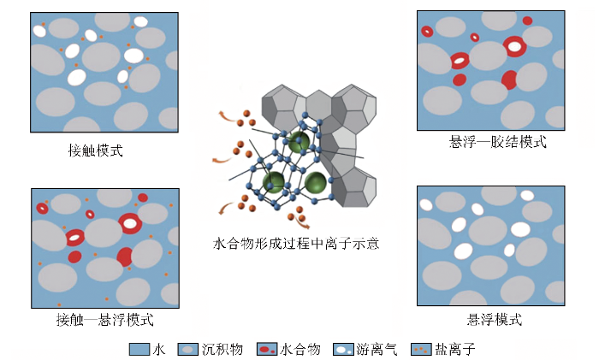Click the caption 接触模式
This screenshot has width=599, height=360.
pyautogui.click(x=96, y=150)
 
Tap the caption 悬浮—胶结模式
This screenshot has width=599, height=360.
pyautogui.click(x=497, y=142)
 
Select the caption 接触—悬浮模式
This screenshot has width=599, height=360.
pyautogui.click(x=104, y=319)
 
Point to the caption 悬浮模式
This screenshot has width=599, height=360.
pyautogui.click(x=494, y=319)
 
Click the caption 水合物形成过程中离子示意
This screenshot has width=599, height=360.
pyautogui.click(x=296, y=243)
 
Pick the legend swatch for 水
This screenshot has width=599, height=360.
pyautogui.click(x=139, y=349)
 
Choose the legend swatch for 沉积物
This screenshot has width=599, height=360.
pyautogui.click(x=188, y=349)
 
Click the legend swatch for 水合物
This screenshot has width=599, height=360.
pyautogui.click(x=267, y=349)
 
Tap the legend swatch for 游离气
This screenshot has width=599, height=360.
pyautogui.click(x=343, y=349)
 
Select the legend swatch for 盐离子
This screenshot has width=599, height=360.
pyautogui.click(x=421, y=349)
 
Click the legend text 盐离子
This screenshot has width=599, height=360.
pyautogui.click(x=454, y=349)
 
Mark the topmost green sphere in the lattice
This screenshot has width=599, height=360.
pyautogui.click(x=299, y=142)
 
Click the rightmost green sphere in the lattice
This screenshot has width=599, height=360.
pyautogui.click(x=316, y=183)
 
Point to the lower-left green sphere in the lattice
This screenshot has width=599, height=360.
pyautogui.click(x=274, y=182)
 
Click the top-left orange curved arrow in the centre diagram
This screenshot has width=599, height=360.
pyautogui.click(x=227, y=117)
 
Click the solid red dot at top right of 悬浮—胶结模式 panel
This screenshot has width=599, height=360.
pyautogui.click(x=528, y=21)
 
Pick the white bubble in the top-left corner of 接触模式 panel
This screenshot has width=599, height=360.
pyautogui.click(x=39, y=31)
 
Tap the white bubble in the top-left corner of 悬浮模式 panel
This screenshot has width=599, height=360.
pyautogui.click(x=426, y=204)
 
